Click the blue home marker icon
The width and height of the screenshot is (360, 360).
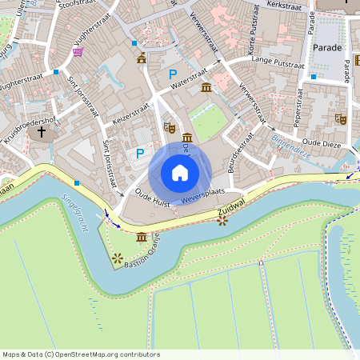(x=180, y=172)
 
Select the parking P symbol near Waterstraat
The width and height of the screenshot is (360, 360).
(x=172, y=74)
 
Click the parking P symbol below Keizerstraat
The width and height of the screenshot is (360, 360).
(x=141, y=153)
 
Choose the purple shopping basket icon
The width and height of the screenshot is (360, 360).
(x=78, y=52)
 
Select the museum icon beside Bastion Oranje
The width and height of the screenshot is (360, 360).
(x=142, y=238)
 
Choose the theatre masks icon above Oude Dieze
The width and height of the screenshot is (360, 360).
(x=341, y=118)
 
